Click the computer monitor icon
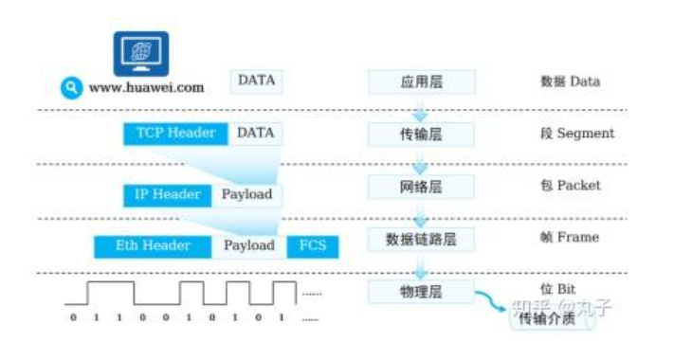pyautogui.click(x=141, y=53)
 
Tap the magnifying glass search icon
pyautogui.click(x=70, y=87)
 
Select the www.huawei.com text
pyautogui.click(x=146, y=87)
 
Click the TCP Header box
pyautogui.click(x=175, y=134)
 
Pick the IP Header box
pyautogui.click(x=167, y=195)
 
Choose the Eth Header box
pyautogui.click(x=153, y=246)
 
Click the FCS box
pyautogui.click(x=312, y=246)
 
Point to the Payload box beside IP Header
pyautogui.click(x=246, y=195)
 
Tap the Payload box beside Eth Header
pyautogui.click(x=249, y=246)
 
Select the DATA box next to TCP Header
pyautogui.click(x=256, y=134)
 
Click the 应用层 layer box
pyautogui.click(x=421, y=82)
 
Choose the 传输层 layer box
pyautogui.click(x=421, y=135)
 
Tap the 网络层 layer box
pyautogui.click(x=421, y=187)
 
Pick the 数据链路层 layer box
pyautogui.click(x=421, y=239)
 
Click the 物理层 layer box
pyautogui.click(x=421, y=291)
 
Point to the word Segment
pyautogui.click(x=585, y=134)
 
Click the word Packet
pyautogui.click(x=578, y=186)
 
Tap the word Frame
pyautogui.click(x=577, y=238)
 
